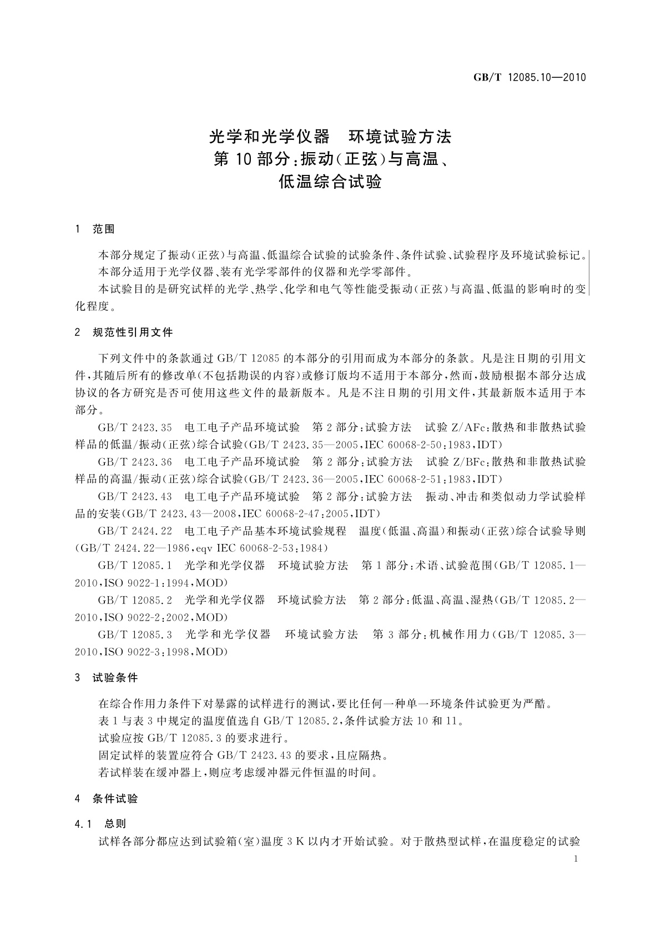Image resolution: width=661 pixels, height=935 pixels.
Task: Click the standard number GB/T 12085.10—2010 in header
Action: click(529, 77)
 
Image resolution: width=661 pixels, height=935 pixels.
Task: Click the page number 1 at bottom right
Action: click(577, 859)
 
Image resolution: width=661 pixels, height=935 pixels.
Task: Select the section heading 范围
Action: click(104, 229)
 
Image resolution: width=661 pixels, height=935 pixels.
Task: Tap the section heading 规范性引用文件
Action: click(133, 333)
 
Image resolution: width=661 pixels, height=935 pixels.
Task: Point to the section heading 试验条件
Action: click(115, 678)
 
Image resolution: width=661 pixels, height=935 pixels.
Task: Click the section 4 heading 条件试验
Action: click(115, 799)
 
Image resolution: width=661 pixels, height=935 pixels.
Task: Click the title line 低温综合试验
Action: click(331, 182)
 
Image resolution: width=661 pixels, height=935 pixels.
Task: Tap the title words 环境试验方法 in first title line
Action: click(400, 136)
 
